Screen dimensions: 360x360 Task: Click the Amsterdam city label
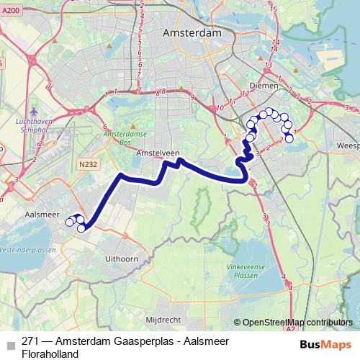tap(192, 33)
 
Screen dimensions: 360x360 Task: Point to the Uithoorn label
tap(120, 257)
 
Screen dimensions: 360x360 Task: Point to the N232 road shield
tap(89, 164)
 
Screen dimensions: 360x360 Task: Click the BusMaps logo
tap(325, 343)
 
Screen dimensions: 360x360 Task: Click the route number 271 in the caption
tap(30, 341)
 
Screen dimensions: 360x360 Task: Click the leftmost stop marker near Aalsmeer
tap(70, 222)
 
